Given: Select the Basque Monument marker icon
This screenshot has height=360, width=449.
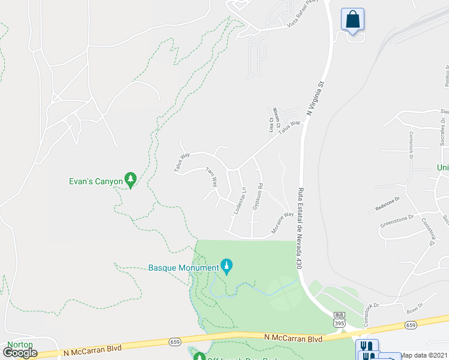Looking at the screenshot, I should (x=227, y=266).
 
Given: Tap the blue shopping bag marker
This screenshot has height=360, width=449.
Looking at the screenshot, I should (x=352, y=19).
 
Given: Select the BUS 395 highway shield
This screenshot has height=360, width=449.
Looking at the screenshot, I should (x=339, y=319).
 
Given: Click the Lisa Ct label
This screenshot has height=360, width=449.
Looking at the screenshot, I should (x=271, y=125).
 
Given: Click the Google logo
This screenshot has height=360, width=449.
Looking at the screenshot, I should (x=20, y=352).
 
